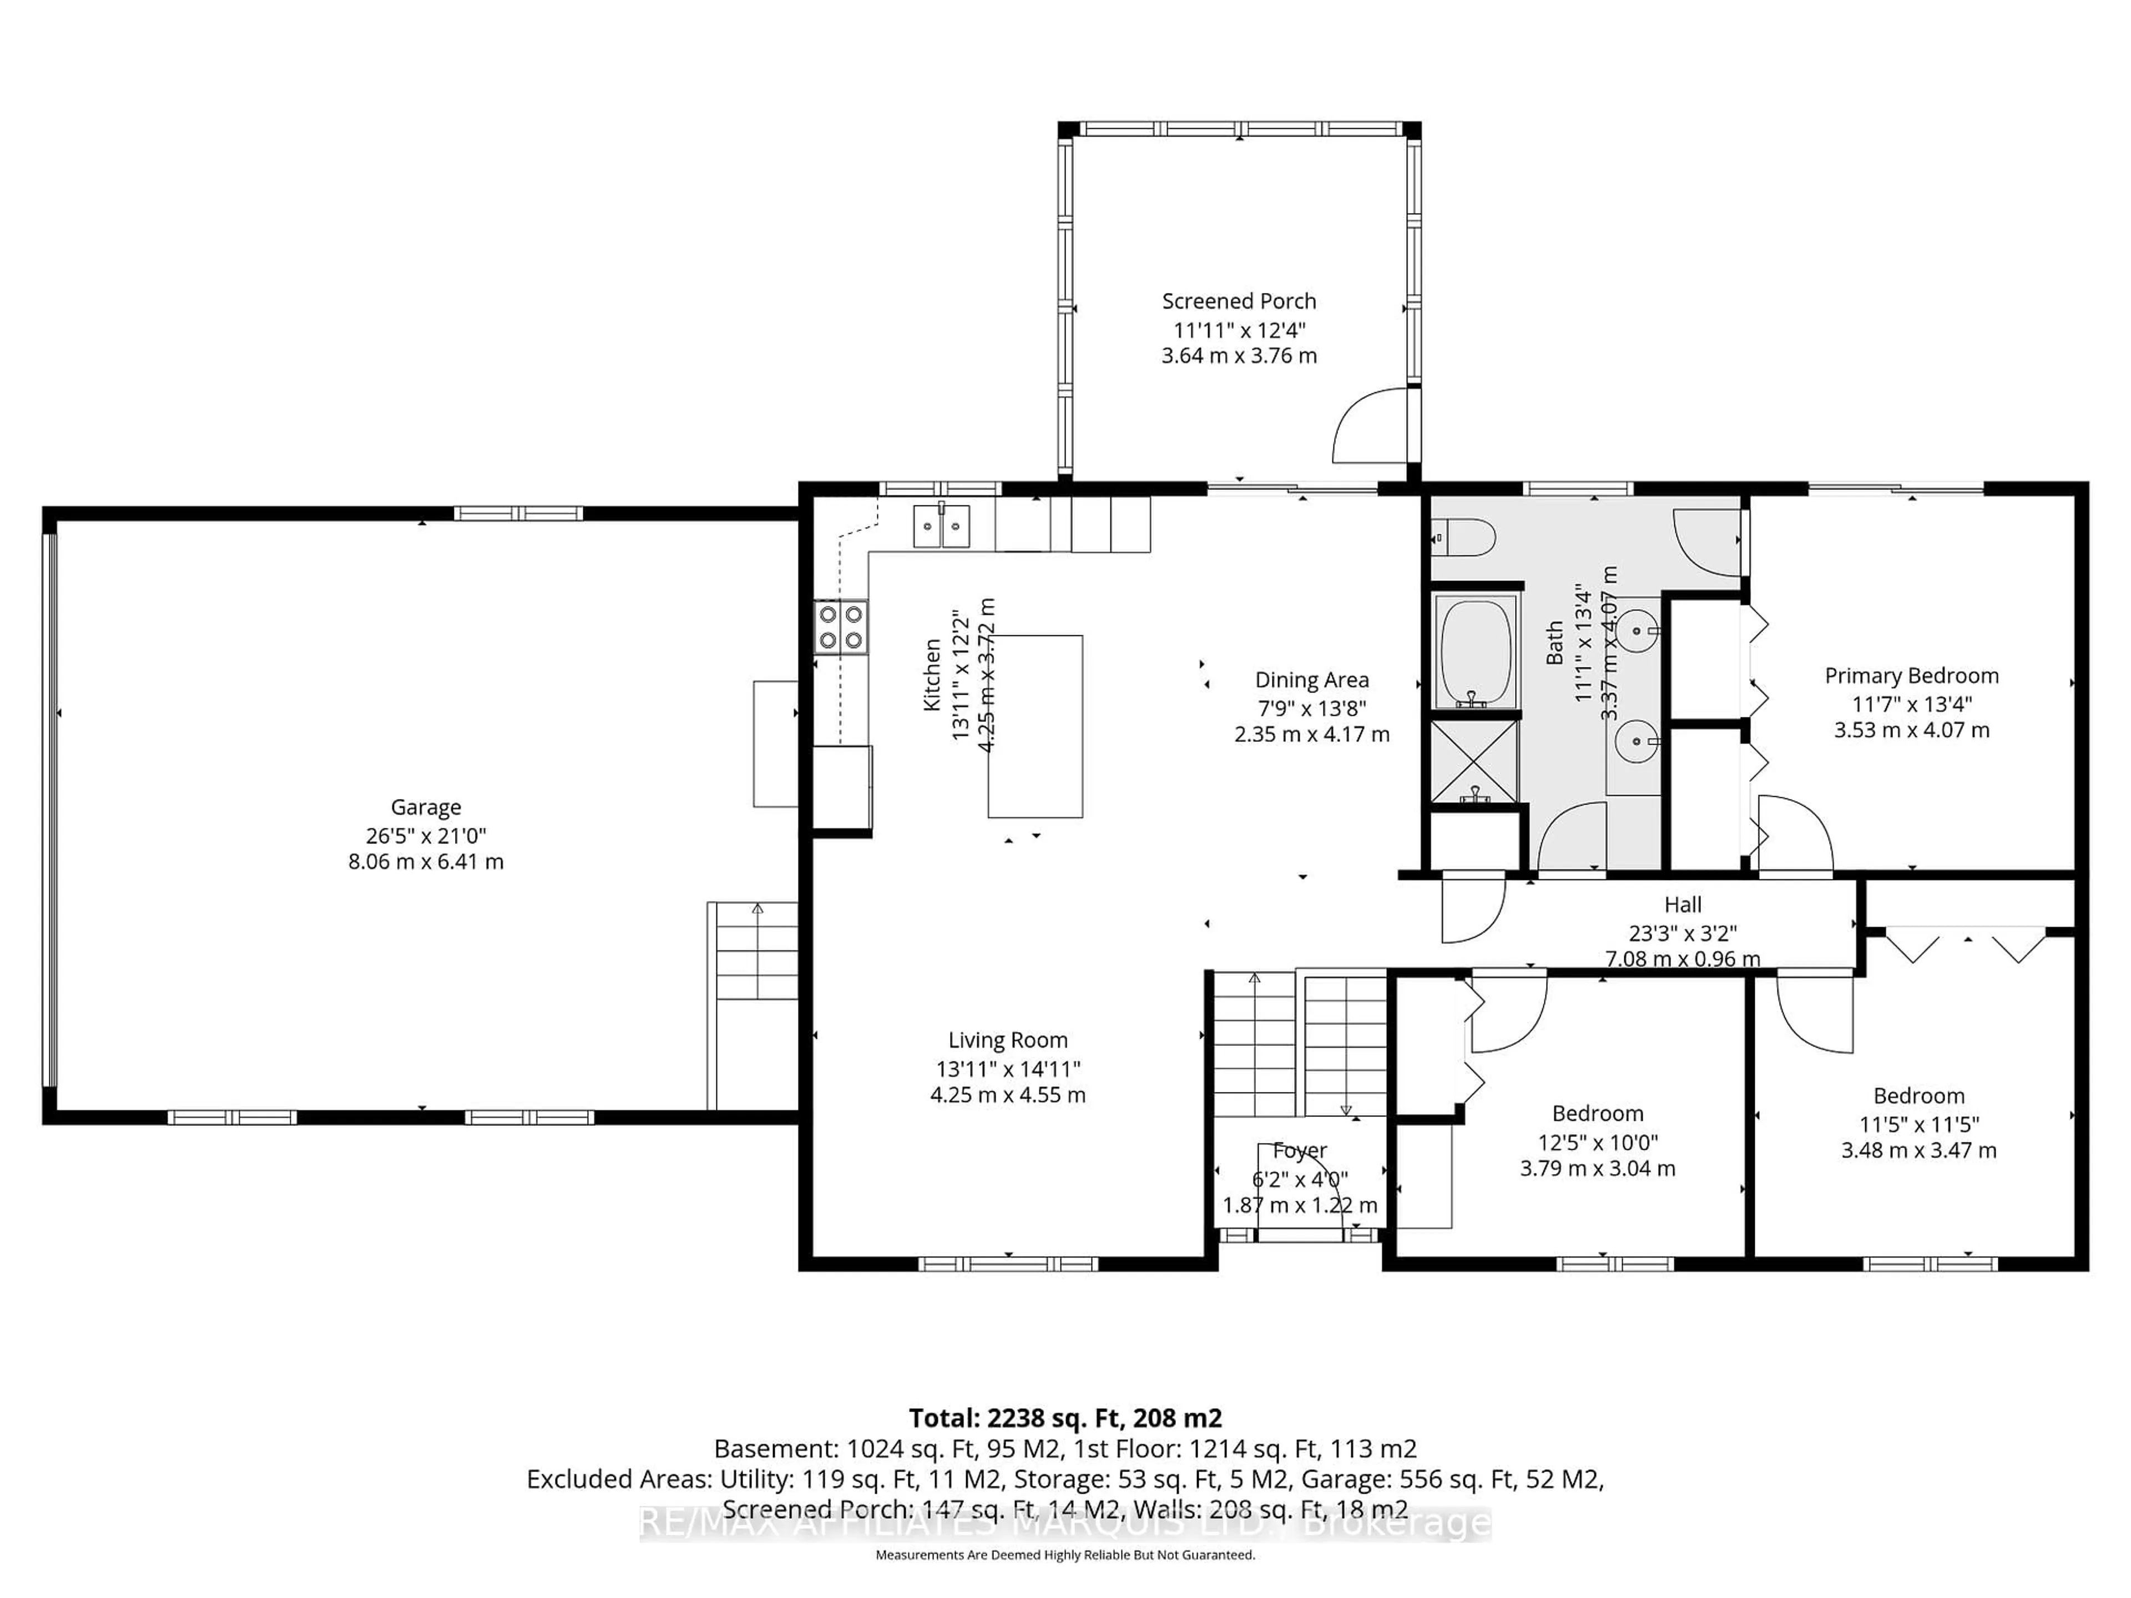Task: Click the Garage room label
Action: [425, 807]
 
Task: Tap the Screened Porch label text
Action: [1238, 301]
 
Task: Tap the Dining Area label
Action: [1311, 680]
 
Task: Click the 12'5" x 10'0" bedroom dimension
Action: [1597, 1142]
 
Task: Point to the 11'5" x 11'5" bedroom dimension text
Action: [1918, 1124]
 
